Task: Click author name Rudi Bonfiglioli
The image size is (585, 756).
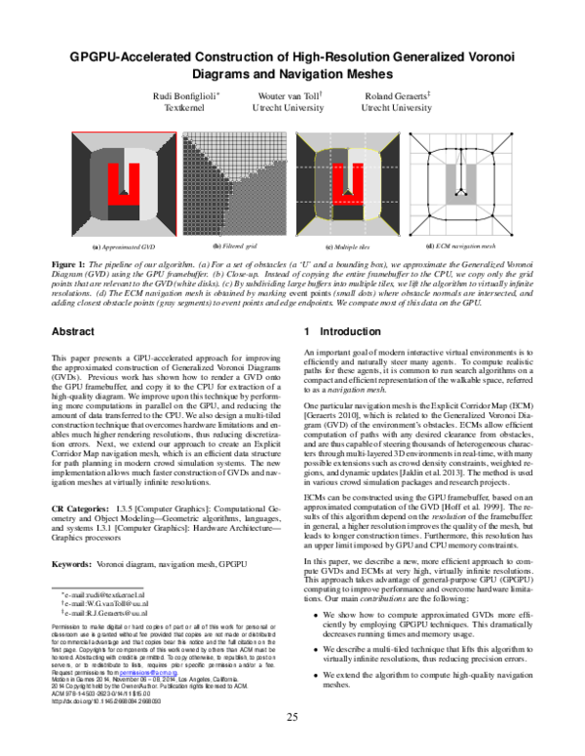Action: (x=191, y=94)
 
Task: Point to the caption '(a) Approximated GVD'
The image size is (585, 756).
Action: (x=124, y=247)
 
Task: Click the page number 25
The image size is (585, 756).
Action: (x=292, y=719)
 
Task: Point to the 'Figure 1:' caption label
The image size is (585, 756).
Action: (x=71, y=264)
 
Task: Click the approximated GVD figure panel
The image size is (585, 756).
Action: (x=124, y=185)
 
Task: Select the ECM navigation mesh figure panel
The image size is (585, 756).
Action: (x=464, y=185)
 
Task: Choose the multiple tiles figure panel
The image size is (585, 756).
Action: (x=348, y=185)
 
